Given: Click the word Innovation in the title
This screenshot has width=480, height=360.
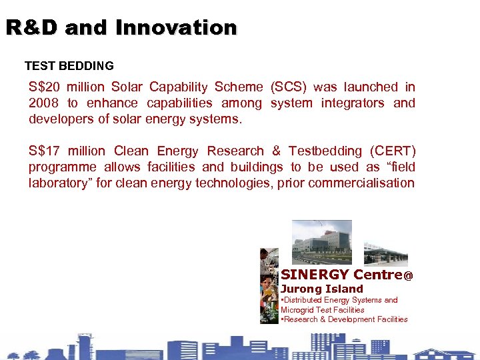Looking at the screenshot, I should (176, 28).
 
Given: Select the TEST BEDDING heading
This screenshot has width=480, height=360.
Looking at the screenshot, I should (69, 66).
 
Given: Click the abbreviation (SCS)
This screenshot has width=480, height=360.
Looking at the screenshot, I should (287, 87).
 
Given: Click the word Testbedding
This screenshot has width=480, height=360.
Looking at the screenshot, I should (314, 151).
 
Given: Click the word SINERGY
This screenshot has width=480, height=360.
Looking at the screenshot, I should (315, 275).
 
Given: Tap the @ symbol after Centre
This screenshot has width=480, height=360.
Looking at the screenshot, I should (409, 275).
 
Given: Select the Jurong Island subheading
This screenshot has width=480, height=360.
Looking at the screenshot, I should (322, 289).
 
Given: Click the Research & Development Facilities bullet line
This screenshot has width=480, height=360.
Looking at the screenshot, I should (344, 319).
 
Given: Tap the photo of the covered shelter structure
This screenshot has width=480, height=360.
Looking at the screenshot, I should (385, 254).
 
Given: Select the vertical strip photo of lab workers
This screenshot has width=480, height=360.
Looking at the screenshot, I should (269, 287).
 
